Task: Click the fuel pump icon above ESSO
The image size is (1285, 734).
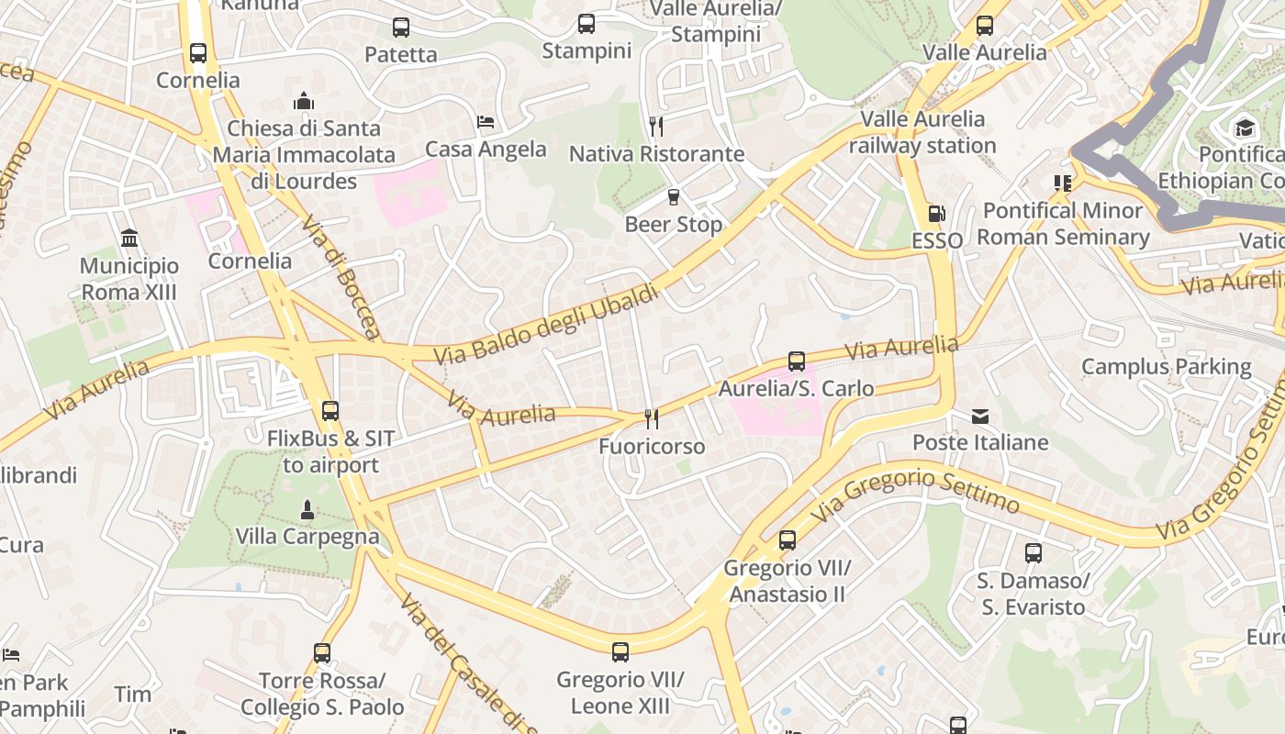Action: [x=936, y=214]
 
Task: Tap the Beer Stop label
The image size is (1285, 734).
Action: [x=674, y=225]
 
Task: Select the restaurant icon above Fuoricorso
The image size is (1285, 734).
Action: [x=652, y=419]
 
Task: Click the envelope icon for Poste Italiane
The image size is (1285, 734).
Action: [x=980, y=417]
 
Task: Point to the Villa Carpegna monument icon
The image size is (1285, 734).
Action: [x=307, y=509]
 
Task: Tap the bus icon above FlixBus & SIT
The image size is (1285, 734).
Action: [x=330, y=411]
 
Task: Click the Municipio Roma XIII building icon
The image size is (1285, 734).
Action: [x=129, y=239]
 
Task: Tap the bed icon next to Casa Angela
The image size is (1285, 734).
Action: [x=486, y=122]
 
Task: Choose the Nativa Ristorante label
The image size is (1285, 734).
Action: [x=656, y=154]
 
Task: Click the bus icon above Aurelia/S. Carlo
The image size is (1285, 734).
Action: [x=797, y=361]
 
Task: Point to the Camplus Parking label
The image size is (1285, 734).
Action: [x=1166, y=367]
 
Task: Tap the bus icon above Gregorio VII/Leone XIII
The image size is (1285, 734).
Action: [x=620, y=652]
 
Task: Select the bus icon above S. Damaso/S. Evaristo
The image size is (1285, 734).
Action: [x=1034, y=553]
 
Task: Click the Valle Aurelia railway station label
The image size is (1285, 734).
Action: [x=922, y=132]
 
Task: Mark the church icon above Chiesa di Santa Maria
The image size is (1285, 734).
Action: [x=303, y=101]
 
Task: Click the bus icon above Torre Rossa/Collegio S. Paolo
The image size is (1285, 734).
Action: [x=322, y=653]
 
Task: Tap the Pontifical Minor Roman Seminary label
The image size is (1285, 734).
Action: [x=1062, y=224]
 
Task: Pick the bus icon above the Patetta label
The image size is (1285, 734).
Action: [x=401, y=28]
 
